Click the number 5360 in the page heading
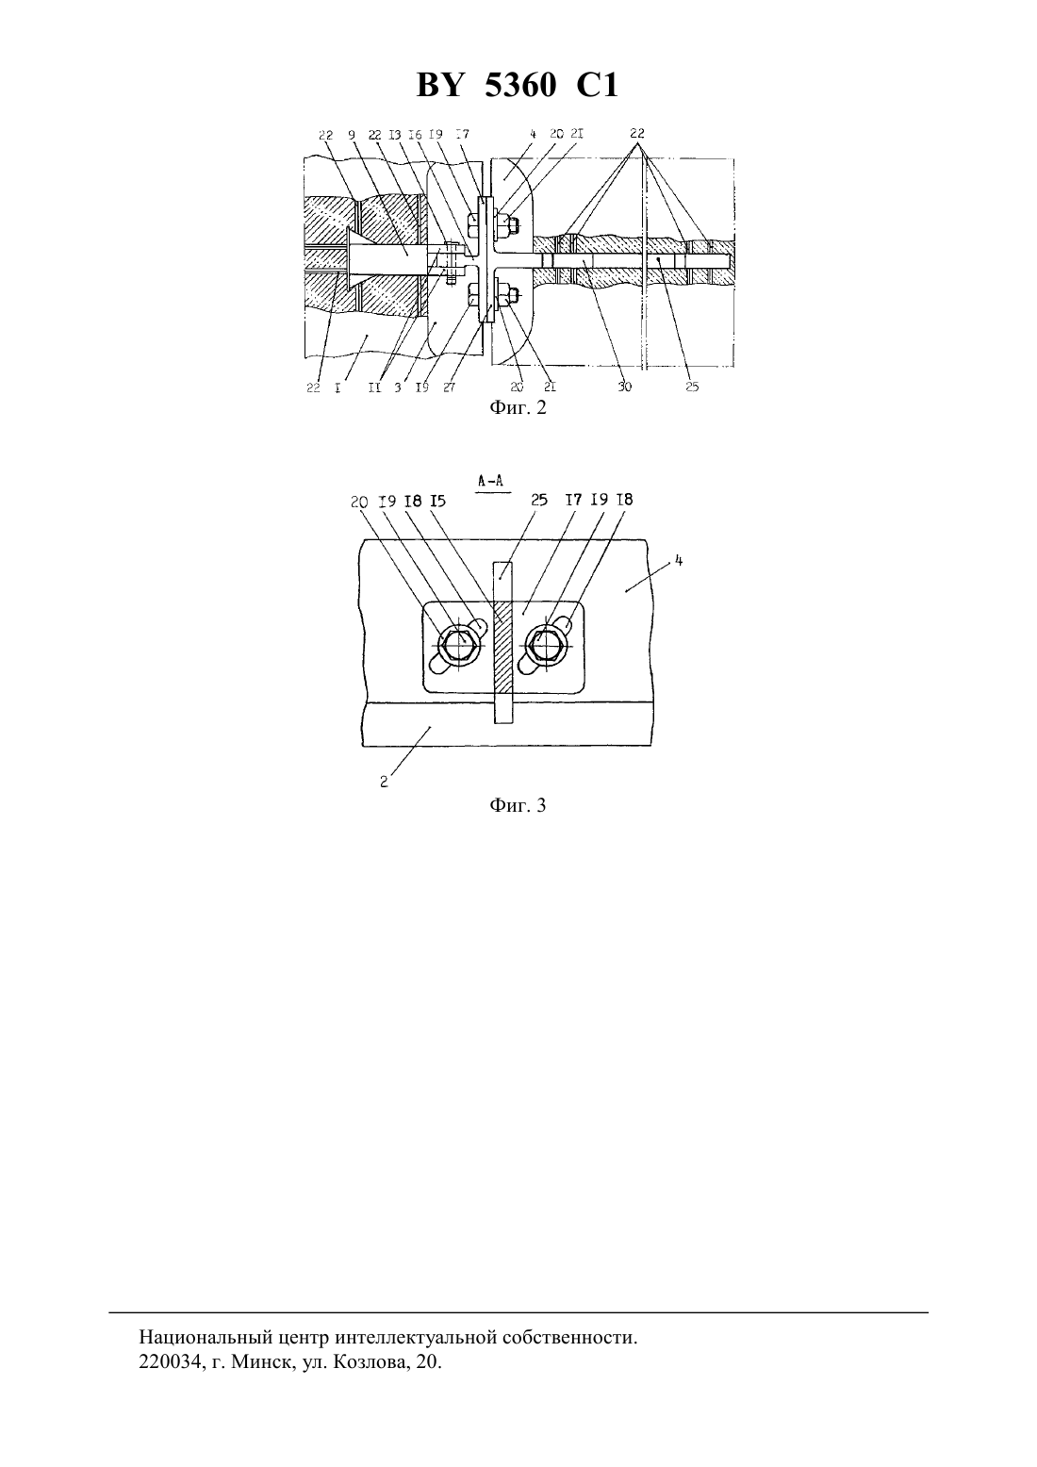coord(520,86)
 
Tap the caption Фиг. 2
coord(518,408)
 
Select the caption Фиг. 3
coord(518,805)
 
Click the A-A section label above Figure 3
coord(491,481)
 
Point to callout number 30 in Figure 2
coord(624,387)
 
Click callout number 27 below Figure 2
coord(449,387)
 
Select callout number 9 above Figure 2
coord(352,134)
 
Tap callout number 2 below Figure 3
coord(385,782)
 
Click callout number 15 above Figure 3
coord(438,501)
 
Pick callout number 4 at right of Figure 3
coord(679,561)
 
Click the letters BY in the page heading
coord(440,86)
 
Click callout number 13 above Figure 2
coord(394,135)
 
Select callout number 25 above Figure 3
coord(539,501)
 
